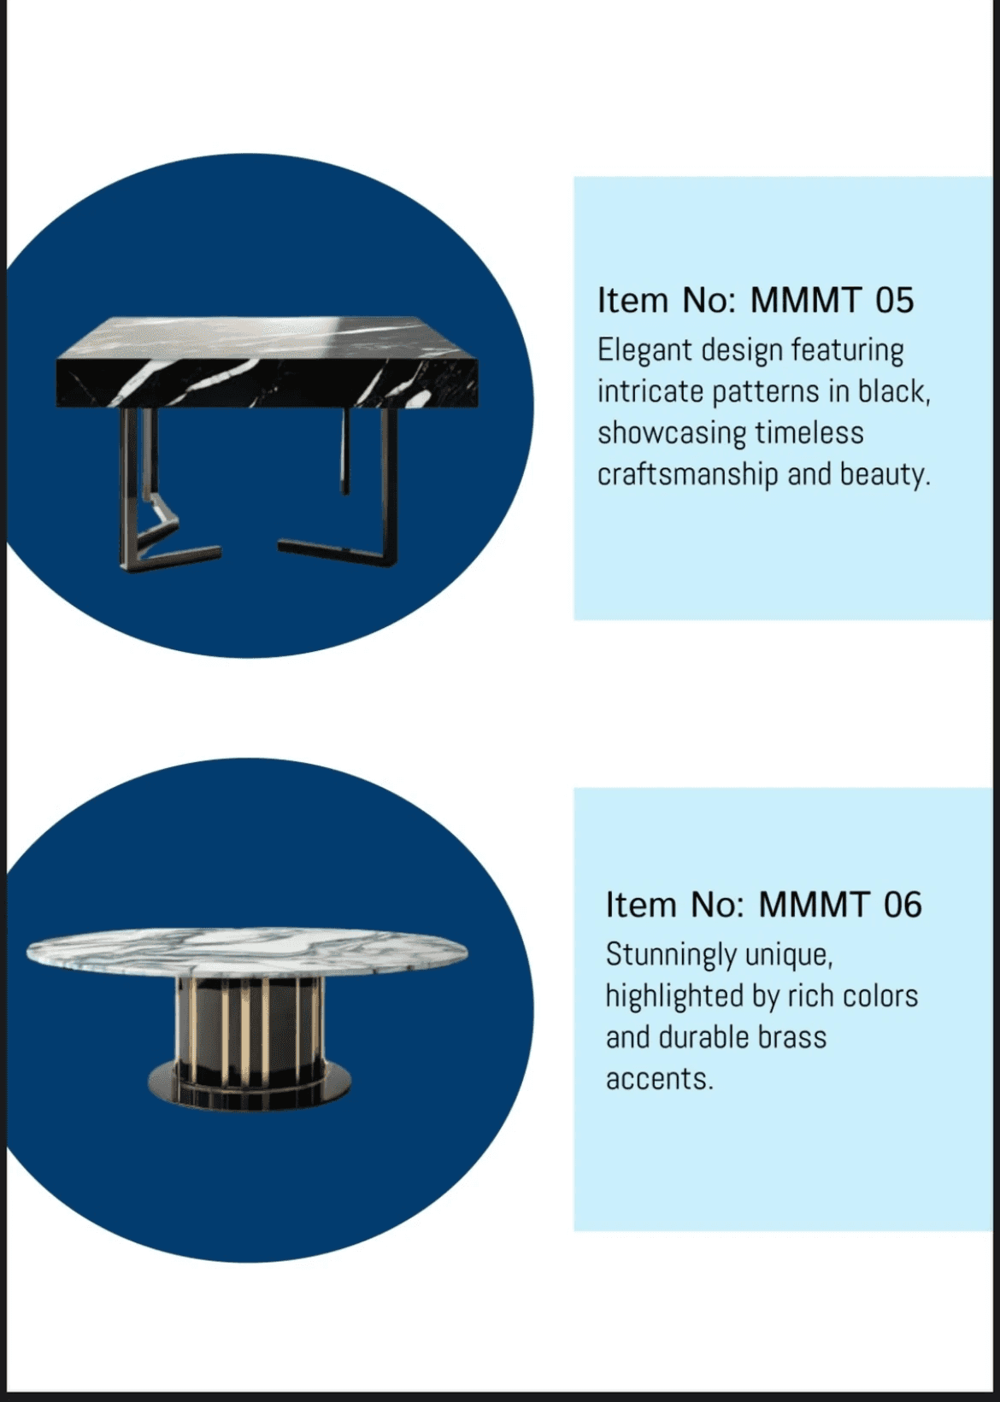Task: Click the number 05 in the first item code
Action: pyautogui.click(x=894, y=300)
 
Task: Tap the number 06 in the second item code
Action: pyautogui.click(x=903, y=905)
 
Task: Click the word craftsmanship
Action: pyautogui.click(x=687, y=474)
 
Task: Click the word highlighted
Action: pyautogui.click(x=674, y=996)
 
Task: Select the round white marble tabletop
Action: pyautogui.click(x=247, y=954)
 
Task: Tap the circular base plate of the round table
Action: pyautogui.click(x=250, y=1085)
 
